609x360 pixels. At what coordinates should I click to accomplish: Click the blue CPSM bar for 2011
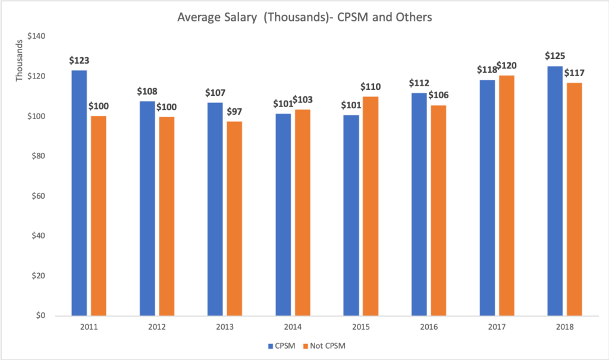click(x=79, y=193)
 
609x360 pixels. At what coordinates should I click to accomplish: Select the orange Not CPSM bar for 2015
click(x=371, y=206)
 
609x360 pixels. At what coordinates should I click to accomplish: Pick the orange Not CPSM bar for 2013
click(x=234, y=218)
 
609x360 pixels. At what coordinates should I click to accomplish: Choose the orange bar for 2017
click(x=507, y=196)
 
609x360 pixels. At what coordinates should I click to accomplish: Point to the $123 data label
click(x=79, y=60)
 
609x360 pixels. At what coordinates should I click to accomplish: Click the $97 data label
click(x=234, y=111)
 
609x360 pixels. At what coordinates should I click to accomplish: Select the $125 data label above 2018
click(x=555, y=56)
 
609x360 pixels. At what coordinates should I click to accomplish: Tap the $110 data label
click(x=371, y=86)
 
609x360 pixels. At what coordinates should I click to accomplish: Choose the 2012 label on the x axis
click(x=156, y=327)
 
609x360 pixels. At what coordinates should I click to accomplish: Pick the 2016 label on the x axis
click(x=429, y=327)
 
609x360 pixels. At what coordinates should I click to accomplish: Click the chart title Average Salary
click(x=304, y=18)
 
